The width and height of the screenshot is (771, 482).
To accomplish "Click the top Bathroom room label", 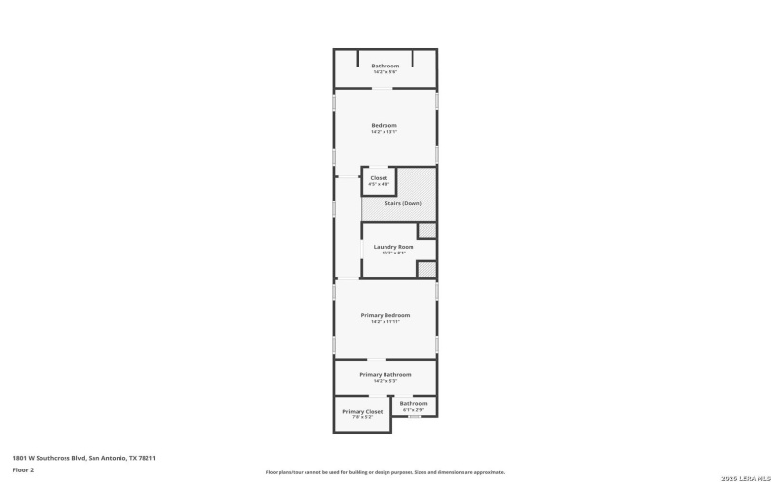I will point(385,66).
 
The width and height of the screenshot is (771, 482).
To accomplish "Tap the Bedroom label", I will point(385,125).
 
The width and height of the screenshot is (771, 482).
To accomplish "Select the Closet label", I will point(379,177).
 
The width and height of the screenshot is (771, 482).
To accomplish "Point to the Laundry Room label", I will point(393,247).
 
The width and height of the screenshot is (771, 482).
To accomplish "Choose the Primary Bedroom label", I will point(385,315).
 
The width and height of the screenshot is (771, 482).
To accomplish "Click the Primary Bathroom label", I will point(385,374).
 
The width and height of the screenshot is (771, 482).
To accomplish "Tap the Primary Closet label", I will point(362,411).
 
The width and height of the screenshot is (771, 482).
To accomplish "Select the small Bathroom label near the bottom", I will point(413,403).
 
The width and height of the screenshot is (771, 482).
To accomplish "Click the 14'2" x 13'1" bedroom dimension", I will point(385,132).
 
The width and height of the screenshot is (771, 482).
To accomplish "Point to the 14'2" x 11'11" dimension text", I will point(385,322).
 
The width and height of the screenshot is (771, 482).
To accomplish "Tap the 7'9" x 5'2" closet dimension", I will point(362,416).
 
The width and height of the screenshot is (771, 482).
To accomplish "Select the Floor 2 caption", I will point(24,469).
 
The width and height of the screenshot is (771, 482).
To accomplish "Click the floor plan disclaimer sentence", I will point(385,472).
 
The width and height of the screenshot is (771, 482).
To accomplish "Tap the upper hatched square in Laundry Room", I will point(426,229).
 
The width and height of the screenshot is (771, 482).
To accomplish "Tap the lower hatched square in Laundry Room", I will point(426,269).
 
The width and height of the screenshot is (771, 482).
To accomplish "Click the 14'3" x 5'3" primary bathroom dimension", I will point(385,380).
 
